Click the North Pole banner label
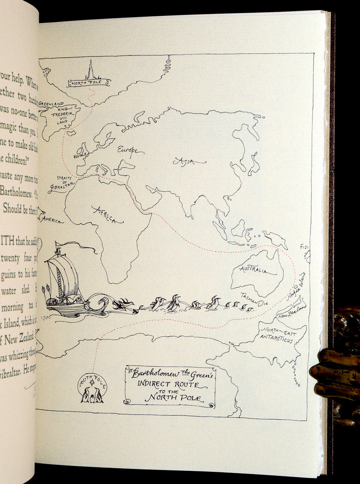click(89, 83)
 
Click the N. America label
click(50, 219)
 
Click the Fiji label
click(305, 247)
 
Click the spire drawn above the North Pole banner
click(90, 70)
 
